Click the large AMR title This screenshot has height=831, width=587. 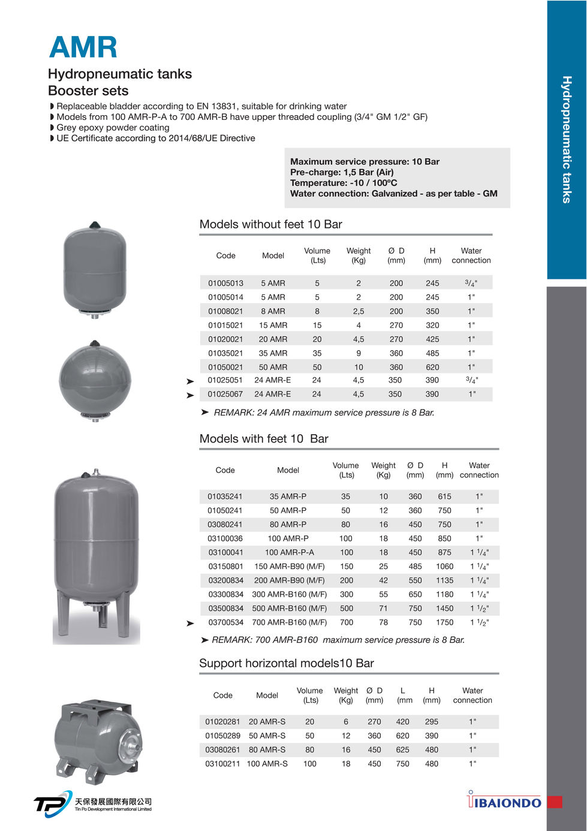(83, 47)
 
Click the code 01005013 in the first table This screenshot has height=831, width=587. (225, 283)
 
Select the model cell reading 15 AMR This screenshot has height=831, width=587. (273, 325)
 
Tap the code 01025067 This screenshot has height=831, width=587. (225, 394)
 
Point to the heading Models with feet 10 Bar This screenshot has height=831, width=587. (264, 439)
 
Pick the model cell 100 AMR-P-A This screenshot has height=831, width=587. (289, 552)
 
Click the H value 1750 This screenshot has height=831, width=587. (444, 622)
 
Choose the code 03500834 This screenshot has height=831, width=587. (225, 608)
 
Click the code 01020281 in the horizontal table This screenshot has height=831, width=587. (222, 722)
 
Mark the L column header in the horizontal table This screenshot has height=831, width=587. (404, 691)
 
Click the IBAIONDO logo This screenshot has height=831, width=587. (504, 802)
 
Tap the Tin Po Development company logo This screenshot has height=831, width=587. (92, 803)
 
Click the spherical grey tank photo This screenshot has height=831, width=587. (95, 380)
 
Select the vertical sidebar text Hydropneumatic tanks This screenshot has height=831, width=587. (567, 139)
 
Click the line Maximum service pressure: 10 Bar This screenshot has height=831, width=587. (365, 162)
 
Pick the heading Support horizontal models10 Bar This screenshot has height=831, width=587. (286, 663)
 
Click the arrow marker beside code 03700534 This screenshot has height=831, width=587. (190, 624)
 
